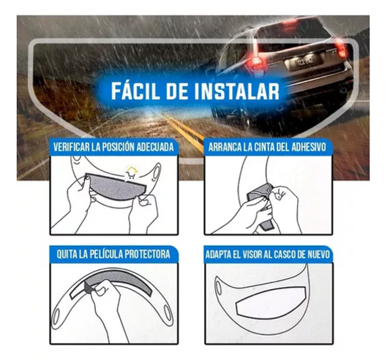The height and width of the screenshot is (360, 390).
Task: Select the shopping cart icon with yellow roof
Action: tap(131, 173)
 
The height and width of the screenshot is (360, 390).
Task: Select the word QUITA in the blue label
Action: tap(66, 254)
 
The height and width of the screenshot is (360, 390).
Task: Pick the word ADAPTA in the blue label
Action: tap(217, 255)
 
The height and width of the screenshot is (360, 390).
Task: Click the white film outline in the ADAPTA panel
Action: tap(271, 302)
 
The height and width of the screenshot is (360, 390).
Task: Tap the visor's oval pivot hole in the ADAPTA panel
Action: tap(219, 288)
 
